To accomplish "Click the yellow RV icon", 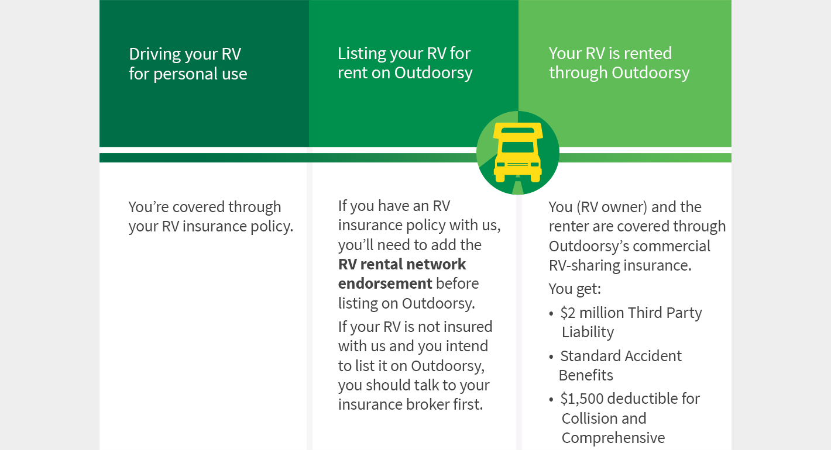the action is [517, 152].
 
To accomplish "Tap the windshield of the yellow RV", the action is [517, 147].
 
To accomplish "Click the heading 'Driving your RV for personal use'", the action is [188, 64].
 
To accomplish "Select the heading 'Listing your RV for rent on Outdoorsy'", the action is [405, 63].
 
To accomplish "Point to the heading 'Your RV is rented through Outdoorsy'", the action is [619, 63].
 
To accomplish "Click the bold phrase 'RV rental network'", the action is [402, 264].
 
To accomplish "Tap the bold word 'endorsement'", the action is [385, 283].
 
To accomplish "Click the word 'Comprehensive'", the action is [613, 438].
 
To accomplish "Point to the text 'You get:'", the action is [575, 289].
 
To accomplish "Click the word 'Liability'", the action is [588, 332].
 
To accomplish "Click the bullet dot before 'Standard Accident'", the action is [551, 357].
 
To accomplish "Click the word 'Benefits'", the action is [586, 376].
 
